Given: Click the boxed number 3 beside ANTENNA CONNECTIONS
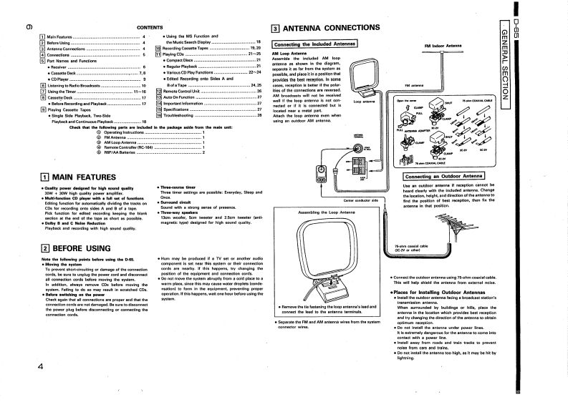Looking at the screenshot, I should [x=276, y=29].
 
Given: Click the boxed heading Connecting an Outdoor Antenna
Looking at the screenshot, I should [x=444, y=176].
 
